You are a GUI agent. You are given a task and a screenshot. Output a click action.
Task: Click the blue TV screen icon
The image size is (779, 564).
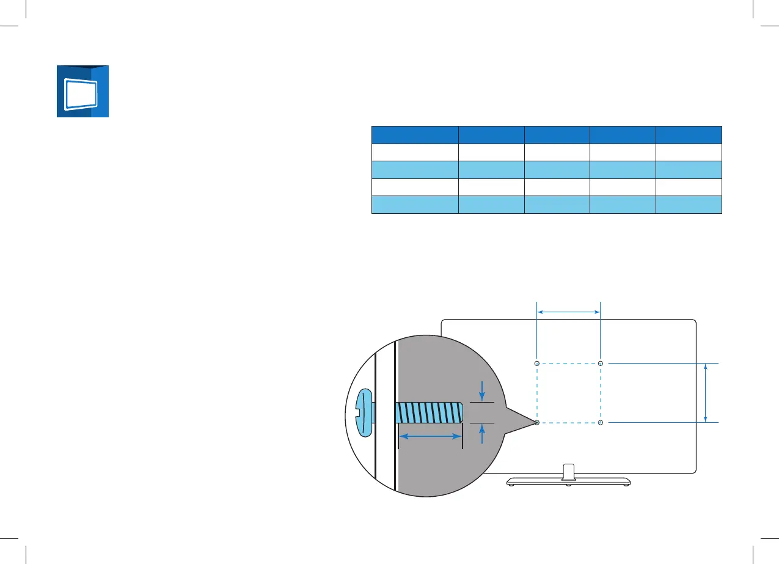tap(82, 91)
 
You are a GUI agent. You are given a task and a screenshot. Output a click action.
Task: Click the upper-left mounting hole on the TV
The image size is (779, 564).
tap(537, 364)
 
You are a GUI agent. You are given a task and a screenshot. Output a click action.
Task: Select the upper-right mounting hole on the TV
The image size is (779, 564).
tap(601, 364)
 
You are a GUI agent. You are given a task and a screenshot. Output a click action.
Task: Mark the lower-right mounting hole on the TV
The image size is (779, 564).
tap(601, 422)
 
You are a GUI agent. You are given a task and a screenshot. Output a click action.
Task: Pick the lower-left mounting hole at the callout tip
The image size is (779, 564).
tap(537, 422)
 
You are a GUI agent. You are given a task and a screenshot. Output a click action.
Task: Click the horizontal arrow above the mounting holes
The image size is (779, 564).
tap(569, 312)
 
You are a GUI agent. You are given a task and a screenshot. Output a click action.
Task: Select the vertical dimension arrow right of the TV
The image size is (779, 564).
tap(706, 393)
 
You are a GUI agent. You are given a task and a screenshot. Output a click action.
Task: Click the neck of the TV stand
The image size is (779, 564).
tap(568, 471)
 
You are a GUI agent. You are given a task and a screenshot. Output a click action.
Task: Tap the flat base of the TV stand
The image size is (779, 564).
tap(568, 481)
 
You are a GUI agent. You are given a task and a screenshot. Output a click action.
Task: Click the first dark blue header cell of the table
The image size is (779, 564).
tap(415, 134)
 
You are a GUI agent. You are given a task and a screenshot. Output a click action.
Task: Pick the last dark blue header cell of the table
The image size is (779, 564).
tap(689, 134)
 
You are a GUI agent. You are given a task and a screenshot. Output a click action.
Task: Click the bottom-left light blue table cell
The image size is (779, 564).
tap(415, 205)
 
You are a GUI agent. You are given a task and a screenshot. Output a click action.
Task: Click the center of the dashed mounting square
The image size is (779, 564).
tap(569, 393)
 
